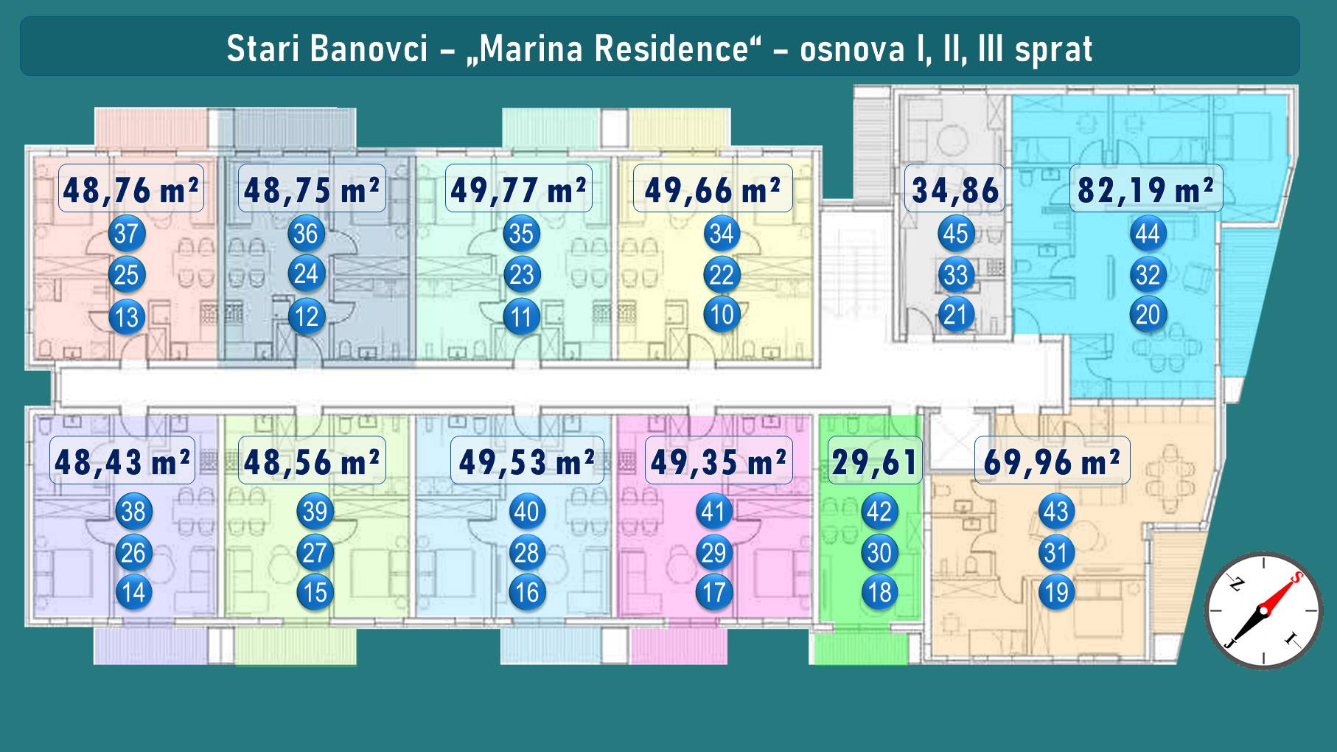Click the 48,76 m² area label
131,189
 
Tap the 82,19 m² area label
1146,189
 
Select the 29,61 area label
875,461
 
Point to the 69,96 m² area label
1052,461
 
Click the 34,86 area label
955,189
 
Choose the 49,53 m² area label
527,461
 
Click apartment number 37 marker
127,234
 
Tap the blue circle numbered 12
306,317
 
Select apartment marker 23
522,275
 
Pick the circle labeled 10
722,315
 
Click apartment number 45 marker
956,234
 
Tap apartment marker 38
133,512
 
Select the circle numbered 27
315,553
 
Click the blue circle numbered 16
527,593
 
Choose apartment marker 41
713,512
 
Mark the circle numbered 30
879,553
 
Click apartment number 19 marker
1057,593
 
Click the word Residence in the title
671,49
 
